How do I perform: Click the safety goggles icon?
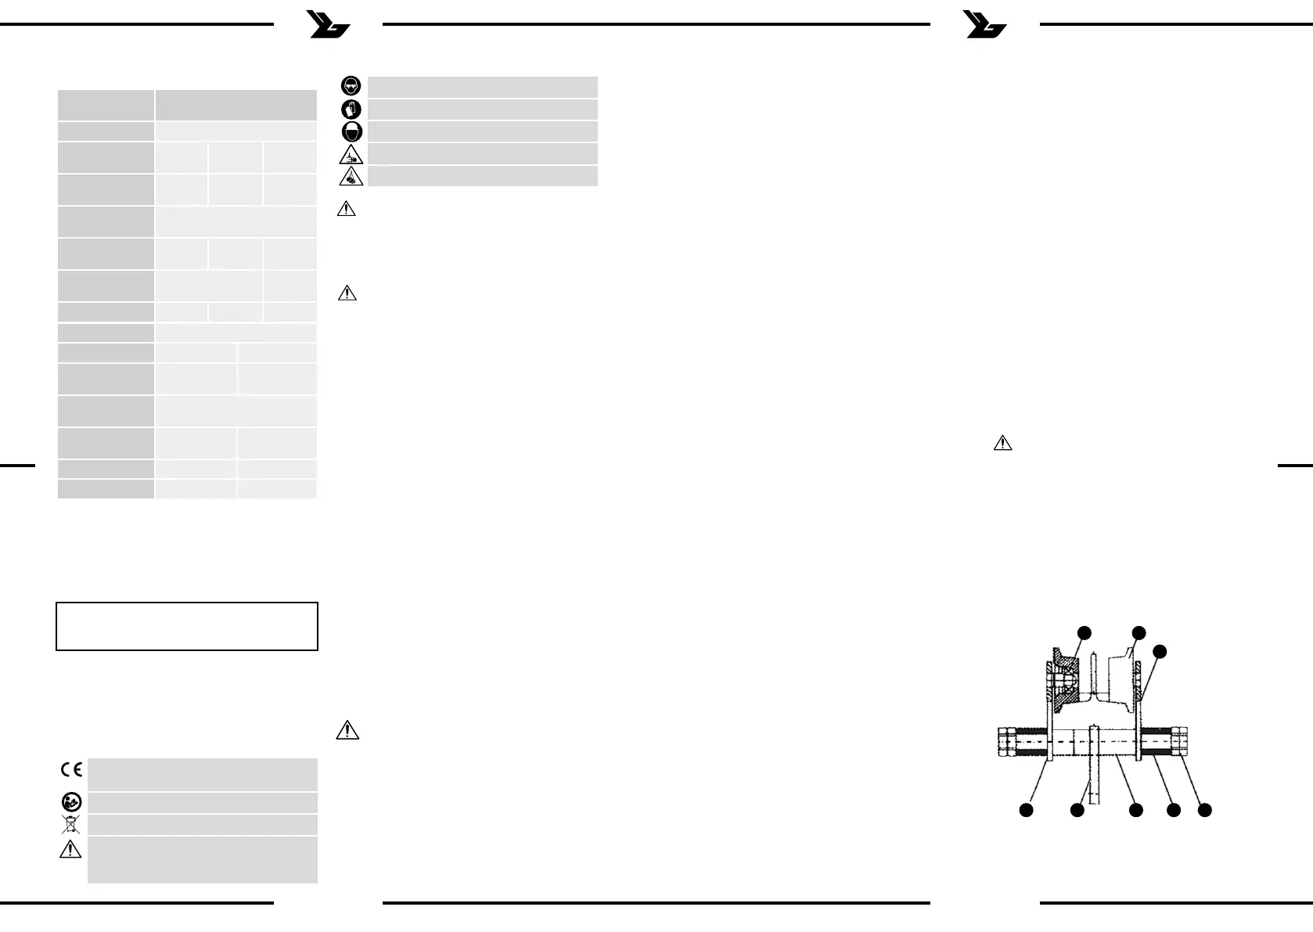tap(352, 86)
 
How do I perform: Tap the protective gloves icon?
tap(352, 109)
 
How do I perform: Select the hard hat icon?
tap(352, 131)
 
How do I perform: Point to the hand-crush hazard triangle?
tap(351, 153)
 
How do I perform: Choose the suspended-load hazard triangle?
tap(351, 176)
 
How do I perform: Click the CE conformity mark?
tap(71, 770)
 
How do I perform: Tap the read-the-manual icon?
tap(70, 802)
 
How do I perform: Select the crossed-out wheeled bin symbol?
tap(70, 824)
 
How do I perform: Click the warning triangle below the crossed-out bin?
tap(70, 849)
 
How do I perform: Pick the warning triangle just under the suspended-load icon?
tap(346, 210)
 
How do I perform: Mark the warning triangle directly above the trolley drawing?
tap(1002, 443)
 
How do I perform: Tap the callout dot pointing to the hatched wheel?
tap(1084, 632)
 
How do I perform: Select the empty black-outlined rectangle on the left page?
tap(187, 626)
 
